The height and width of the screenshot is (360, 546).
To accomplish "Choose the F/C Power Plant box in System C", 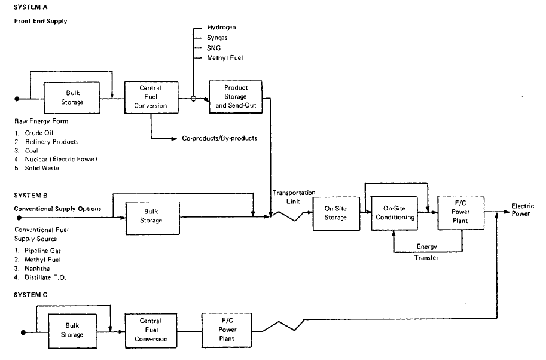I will point(227,330).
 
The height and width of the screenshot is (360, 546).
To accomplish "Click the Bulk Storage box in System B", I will point(152,217).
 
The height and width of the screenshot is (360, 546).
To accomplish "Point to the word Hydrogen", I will point(222,28).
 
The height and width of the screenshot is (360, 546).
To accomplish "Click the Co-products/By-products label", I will point(219,138).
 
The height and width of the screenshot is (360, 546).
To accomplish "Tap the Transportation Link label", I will point(294,197).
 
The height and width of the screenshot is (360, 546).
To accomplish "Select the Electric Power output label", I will point(522,210).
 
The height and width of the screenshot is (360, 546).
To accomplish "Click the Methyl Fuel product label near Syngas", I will point(225,57).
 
